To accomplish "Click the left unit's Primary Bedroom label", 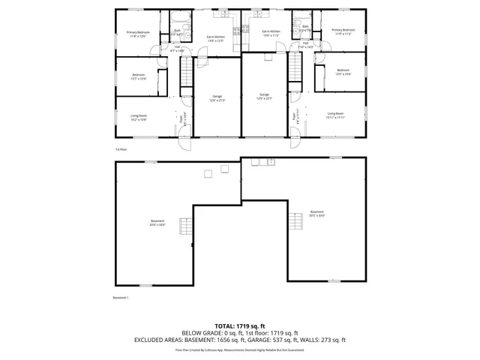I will point(137,34).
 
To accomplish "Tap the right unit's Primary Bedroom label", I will point(343,31).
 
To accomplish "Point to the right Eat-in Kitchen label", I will point(270,33).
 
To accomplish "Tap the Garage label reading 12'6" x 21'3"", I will point(217,97).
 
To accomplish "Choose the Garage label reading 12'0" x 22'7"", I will point(264,96).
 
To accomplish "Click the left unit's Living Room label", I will point(139,117).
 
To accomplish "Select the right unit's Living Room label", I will point(335,115).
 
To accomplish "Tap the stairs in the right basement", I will point(293,220).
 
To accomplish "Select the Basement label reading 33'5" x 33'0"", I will point(317,214).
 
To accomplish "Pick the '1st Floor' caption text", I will point(120,149).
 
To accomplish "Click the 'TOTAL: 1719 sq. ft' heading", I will point(240,326).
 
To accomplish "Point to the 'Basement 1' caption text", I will point(121,298).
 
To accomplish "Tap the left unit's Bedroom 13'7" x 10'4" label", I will point(139,76).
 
